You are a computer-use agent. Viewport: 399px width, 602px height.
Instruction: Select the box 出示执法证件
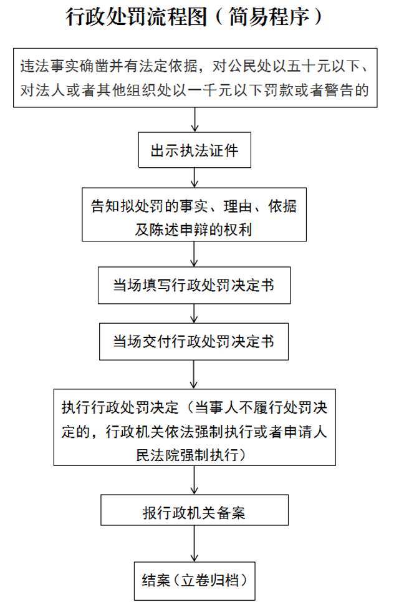coord(195,150)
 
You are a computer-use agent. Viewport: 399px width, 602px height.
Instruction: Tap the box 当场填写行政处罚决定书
coord(194,285)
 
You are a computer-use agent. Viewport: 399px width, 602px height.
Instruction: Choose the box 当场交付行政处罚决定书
coord(194,342)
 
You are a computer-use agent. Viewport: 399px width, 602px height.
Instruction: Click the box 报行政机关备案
coord(195,510)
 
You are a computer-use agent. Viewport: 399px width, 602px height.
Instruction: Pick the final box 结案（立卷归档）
coord(195,581)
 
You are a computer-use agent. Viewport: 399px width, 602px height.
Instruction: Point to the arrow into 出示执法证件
coord(195,119)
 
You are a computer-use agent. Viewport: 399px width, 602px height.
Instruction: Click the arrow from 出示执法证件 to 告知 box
coord(195,178)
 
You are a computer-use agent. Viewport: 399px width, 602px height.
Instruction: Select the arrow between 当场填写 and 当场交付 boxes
coord(194,314)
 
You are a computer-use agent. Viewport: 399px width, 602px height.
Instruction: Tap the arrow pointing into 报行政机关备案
coord(194,480)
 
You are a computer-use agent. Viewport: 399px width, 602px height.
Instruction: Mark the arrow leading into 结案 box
coord(195,543)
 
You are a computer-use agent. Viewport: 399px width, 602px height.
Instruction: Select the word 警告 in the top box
coord(339,90)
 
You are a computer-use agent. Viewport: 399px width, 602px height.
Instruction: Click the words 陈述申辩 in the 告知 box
coord(179,229)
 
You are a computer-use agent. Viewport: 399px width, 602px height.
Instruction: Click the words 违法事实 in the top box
coord(49,66)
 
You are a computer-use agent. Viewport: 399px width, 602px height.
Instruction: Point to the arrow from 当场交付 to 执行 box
coord(194,375)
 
